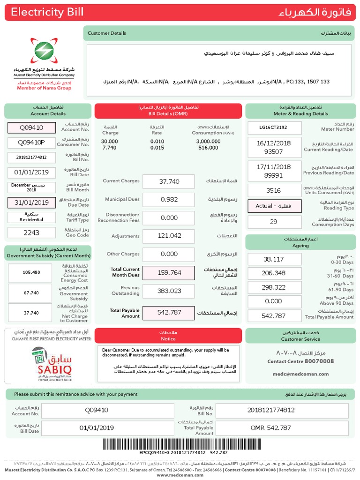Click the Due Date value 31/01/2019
point(31,202)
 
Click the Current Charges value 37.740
point(168,181)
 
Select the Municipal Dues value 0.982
point(168,200)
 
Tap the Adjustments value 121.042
point(168,236)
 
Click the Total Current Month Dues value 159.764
point(168,272)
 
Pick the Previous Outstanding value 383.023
point(168,291)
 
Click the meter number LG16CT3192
point(273,127)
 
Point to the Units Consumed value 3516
point(273,190)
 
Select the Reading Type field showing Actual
point(273,206)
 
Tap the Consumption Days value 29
point(273,222)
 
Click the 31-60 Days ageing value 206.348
point(273,273)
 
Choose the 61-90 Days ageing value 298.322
point(273,287)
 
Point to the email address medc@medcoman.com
point(300,374)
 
